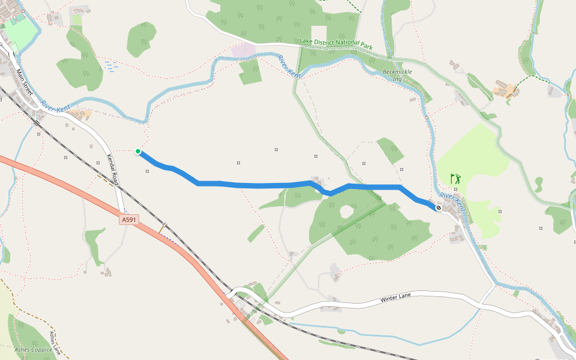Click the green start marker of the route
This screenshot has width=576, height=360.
point(138,151)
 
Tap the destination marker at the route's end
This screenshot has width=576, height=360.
point(439,208)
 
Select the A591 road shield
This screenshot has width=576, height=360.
point(129,220)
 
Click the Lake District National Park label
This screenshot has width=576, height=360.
point(336,44)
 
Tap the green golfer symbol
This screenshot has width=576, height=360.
point(456,179)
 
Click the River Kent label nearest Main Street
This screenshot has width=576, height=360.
point(56,108)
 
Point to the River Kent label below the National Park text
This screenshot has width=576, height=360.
point(289,66)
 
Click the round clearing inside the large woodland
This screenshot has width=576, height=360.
point(346,211)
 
